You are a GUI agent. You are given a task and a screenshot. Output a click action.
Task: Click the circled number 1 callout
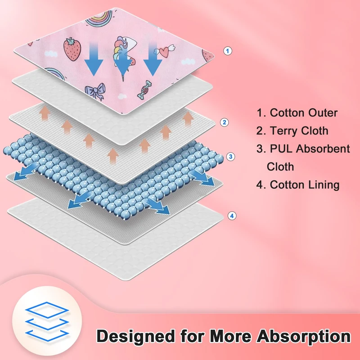pyautogui.click(x=228, y=51)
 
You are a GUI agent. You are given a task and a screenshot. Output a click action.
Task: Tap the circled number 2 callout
pyautogui.click(x=224, y=122)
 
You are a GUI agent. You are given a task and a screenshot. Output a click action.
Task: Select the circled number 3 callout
pyautogui.click(x=230, y=157)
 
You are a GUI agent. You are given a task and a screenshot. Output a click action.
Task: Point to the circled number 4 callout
pyautogui.click(x=231, y=216)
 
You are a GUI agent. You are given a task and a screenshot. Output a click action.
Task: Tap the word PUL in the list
pyautogui.click(x=285, y=149)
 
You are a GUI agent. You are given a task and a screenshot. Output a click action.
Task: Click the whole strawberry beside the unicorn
pyautogui.click(x=71, y=49)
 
